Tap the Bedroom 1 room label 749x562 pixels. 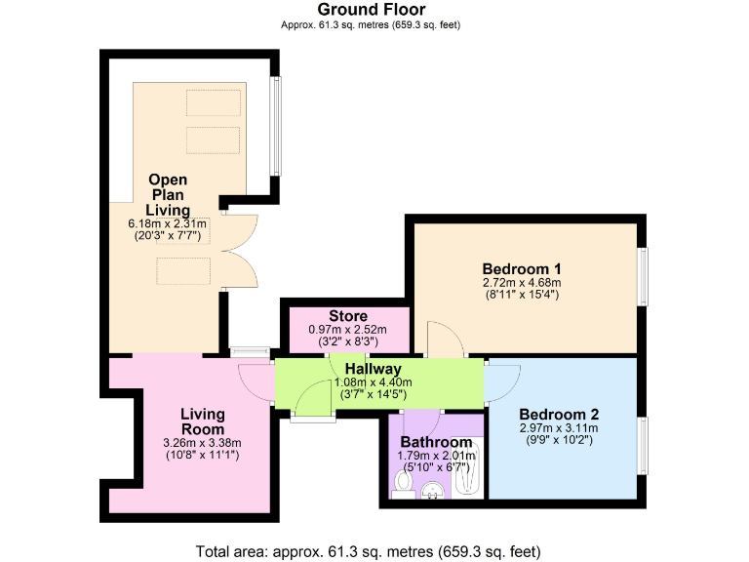(522, 268)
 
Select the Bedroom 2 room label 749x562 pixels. (558, 413)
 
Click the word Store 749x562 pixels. (347, 316)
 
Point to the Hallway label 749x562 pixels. (373, 369)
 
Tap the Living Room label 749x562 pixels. (203, 421)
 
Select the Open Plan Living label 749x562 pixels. (168, 195)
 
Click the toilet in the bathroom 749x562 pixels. (403, 483)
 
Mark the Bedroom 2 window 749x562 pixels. (644, 445)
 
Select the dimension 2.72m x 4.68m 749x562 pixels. (522, 283)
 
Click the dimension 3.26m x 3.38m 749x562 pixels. (203, 442)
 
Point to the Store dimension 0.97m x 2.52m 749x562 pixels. (347, 330)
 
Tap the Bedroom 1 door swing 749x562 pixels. (444, 341)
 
